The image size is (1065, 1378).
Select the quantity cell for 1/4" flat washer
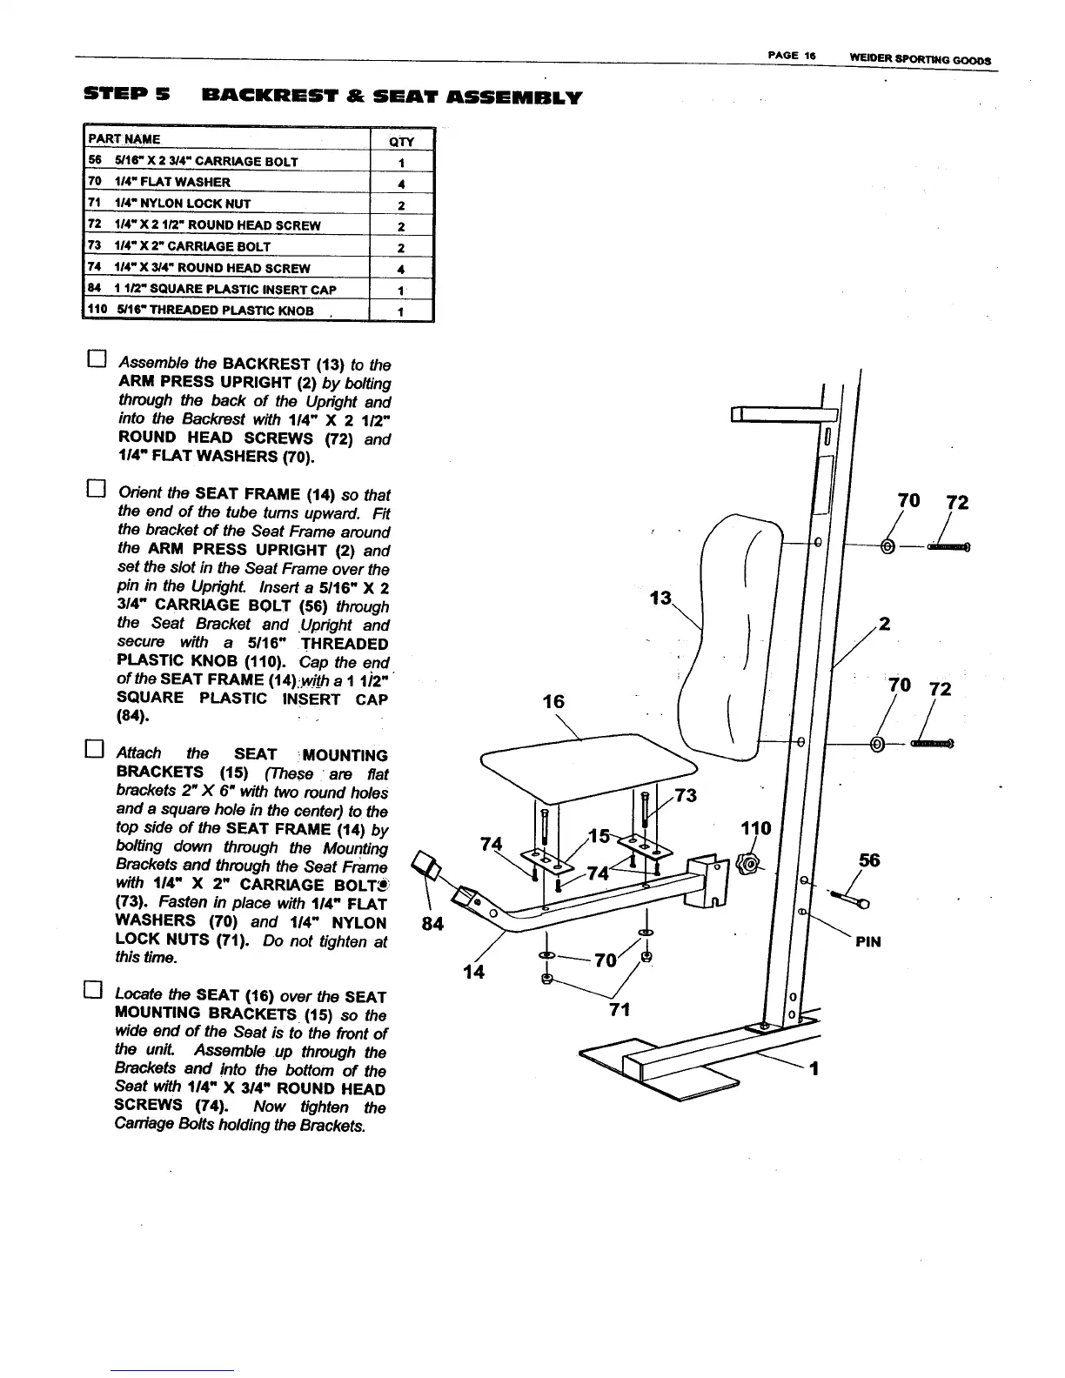(401, 184)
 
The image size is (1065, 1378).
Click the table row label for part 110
(200, 311)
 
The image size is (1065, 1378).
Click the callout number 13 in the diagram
(661, 599)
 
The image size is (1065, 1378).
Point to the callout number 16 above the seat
(553, 701)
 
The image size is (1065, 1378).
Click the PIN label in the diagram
(868, 942)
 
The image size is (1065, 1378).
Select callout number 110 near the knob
(755, 828)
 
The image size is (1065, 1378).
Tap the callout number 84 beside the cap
(433, 924)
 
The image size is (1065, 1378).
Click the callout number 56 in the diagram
(869, 860)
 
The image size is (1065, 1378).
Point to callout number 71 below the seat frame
(620, 1010)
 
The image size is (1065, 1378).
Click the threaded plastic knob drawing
(747, 865)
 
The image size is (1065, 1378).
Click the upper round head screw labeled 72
(948, 547)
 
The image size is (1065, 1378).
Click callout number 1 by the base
(814, 1070)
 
